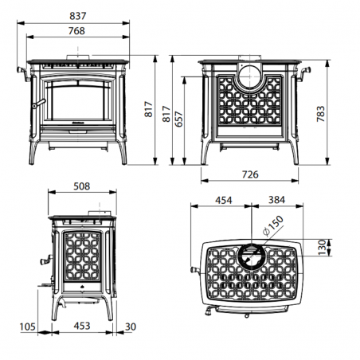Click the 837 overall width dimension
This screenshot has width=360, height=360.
point(78,16)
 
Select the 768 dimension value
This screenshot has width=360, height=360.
point(76,31)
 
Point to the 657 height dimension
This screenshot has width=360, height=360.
point(179,119)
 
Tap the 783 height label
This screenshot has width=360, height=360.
point(321,114)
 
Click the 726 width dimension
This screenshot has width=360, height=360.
point(250,174)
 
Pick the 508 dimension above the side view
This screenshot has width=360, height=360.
point(82,186)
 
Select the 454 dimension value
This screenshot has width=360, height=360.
point(224,200)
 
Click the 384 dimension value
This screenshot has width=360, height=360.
point(276,200)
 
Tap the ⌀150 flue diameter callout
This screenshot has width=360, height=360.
point(273,225)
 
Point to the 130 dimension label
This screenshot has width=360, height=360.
point(322,248)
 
